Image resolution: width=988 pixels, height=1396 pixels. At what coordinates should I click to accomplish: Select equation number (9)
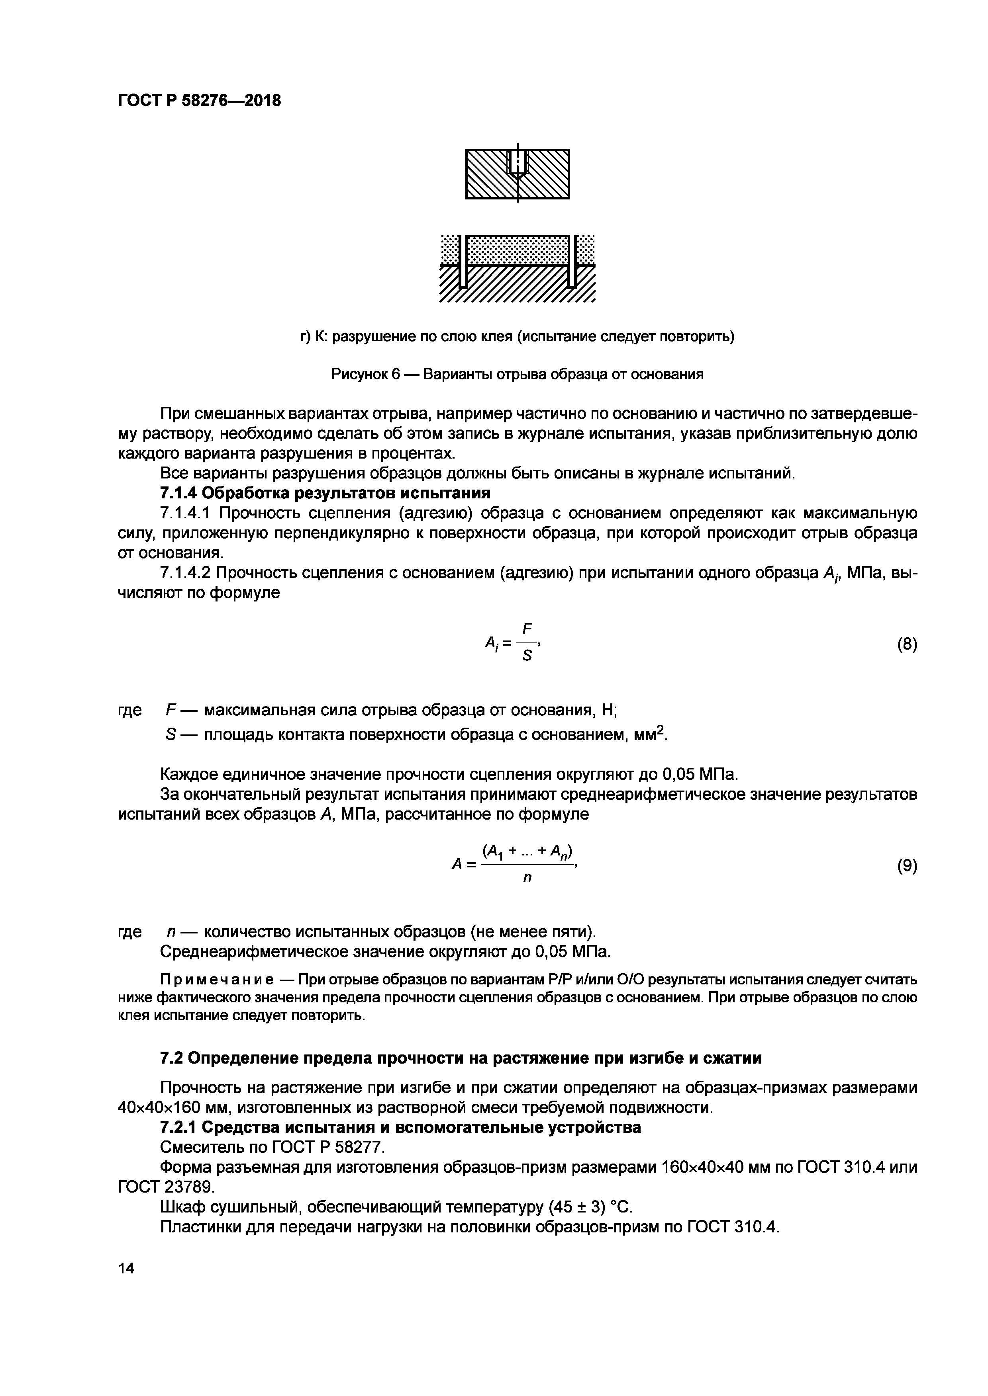[906, 866]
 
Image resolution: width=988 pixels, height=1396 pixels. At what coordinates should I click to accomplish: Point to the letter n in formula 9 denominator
[527, 879]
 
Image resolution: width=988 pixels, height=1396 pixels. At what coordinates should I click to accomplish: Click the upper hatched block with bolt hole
[517, 174]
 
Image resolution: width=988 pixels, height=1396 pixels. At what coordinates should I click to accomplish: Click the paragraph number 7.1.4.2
[186, 573]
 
